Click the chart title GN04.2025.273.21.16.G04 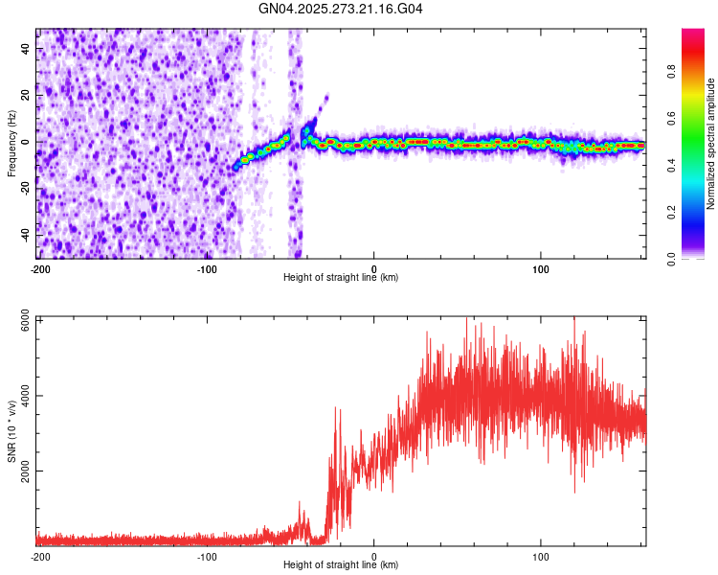(x=341, y=9)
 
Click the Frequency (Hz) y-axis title (x=11, y=144)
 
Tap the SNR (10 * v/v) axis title (x=11, y=431)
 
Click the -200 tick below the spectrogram (x=39, y=268)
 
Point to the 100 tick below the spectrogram (x=541, y=268)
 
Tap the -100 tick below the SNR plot (x=207, y=556)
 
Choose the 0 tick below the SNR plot (x=374, y=556)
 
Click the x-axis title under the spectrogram (x=341, y=278)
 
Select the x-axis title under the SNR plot (x=341, y=565)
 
